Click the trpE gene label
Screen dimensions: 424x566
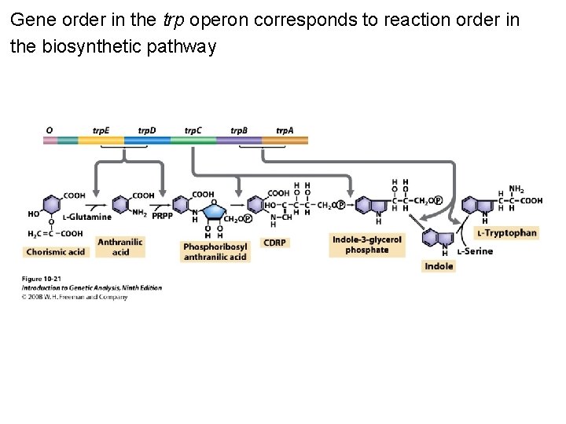[x=101, y=130]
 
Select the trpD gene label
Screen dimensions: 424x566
[x=147, y=130]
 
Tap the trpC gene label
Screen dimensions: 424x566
[x=193, y=130]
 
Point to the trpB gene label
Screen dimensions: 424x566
[x=239, y=130]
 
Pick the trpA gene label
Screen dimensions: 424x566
[x=285, y=130]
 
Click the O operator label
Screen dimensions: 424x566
[x=50, y=130]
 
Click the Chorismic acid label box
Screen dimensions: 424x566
[x=55, y=252]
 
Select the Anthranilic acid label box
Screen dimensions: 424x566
[x=120, y=247]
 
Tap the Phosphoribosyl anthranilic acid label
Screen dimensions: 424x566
[x=215, y=251]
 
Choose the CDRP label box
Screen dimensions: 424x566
[x=274, y=243]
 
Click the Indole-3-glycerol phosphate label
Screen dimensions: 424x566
[x=366, y=245]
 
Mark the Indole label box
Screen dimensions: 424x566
[x=439, y=266]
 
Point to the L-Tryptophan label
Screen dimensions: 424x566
[x=507, y=232]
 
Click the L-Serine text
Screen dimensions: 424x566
[x=475, y=251]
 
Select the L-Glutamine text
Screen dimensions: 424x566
[x=88, y=217]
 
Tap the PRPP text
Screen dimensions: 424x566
[x=163, y=216]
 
